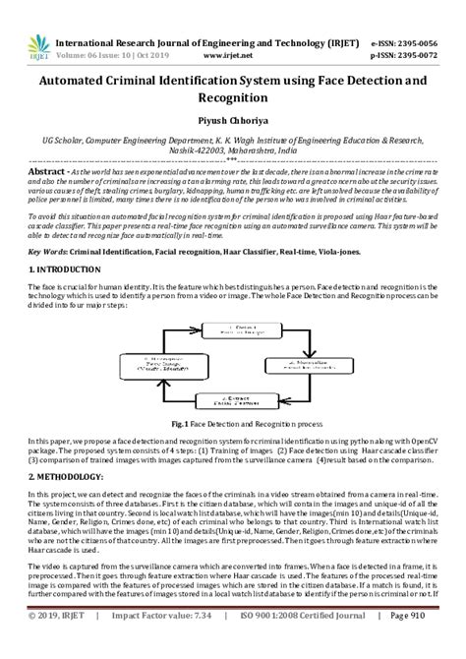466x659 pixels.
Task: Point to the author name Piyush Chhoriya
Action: click(x=233, y=119)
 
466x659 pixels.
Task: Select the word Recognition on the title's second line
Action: click(x=232, y=98)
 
